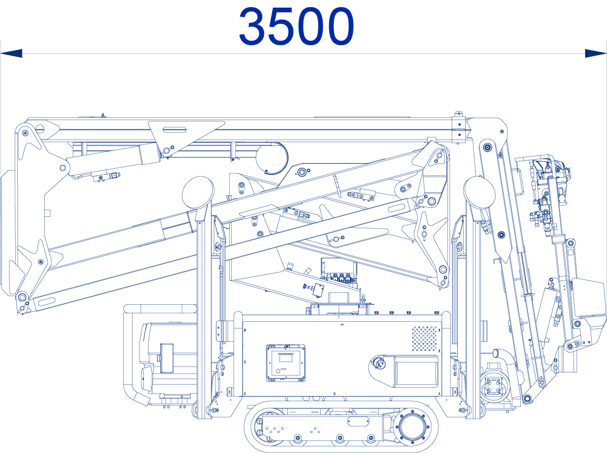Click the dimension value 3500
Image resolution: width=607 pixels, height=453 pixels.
coord(296,26)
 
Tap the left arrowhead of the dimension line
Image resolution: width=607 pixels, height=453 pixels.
coord(11,53)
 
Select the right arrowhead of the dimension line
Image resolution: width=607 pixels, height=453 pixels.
coord(596,53)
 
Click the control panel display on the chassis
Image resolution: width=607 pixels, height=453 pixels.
coord(286,363)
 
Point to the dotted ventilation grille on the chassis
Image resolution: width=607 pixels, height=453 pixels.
coord(425,338)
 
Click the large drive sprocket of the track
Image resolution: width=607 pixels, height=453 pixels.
coord(412,427)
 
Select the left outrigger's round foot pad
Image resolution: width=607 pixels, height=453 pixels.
coord(198,193)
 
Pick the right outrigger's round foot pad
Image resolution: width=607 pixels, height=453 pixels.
coord(480,193)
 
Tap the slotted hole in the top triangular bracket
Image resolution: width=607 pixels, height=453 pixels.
coord(175,130)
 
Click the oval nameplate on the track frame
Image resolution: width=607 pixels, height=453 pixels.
coord(358,422)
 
